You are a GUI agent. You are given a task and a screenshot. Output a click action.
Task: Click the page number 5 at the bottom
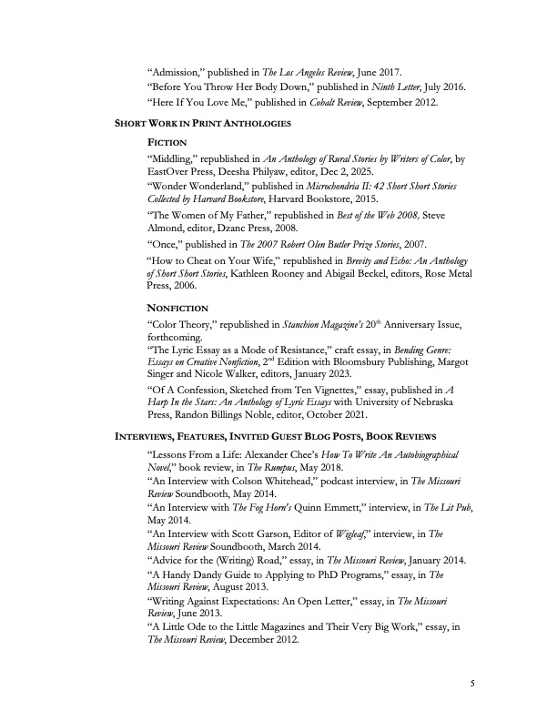(473, 683)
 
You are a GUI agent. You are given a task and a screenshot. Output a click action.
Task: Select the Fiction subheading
(167, 143)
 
